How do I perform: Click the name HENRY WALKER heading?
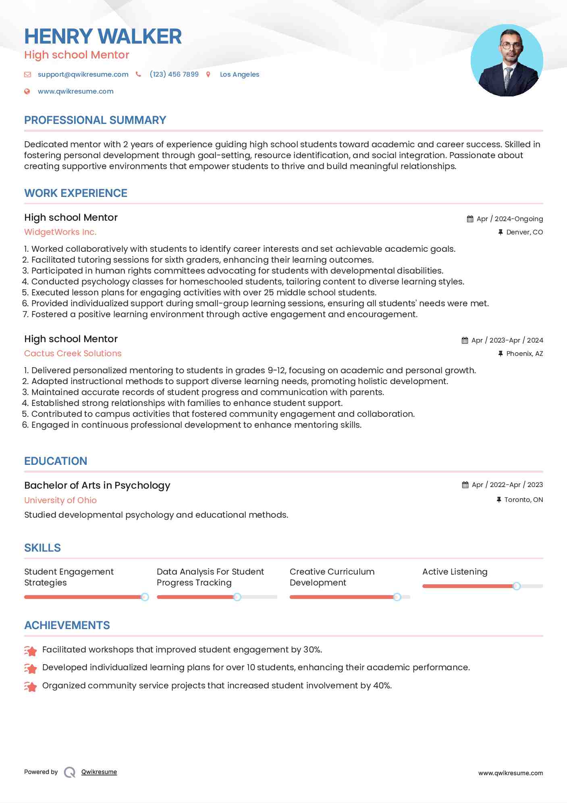(103, 36)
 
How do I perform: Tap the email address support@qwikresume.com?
(83, 74)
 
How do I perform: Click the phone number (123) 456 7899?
(174, 74)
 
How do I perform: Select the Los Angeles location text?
(239, 74)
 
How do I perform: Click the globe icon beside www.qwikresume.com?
(27, 91)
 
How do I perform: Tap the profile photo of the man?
(507, 61)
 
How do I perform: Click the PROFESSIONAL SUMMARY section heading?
(95, 120)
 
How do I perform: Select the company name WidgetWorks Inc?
(60, 232)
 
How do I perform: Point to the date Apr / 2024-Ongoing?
(509, 219)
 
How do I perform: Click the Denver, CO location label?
(524, 232)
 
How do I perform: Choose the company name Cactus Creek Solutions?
(73, 353)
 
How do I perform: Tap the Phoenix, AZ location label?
(524, 353)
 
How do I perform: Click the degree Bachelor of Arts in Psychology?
(97, 485)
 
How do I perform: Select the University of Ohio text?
(60, 500)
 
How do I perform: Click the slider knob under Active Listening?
(516, 586)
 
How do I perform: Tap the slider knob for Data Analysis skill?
(237, 597)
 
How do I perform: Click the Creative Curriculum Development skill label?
(332, 577)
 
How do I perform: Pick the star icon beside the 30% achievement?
(30, 650)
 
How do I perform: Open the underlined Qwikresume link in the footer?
(99, 772)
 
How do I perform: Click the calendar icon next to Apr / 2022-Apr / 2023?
(465, 485)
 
